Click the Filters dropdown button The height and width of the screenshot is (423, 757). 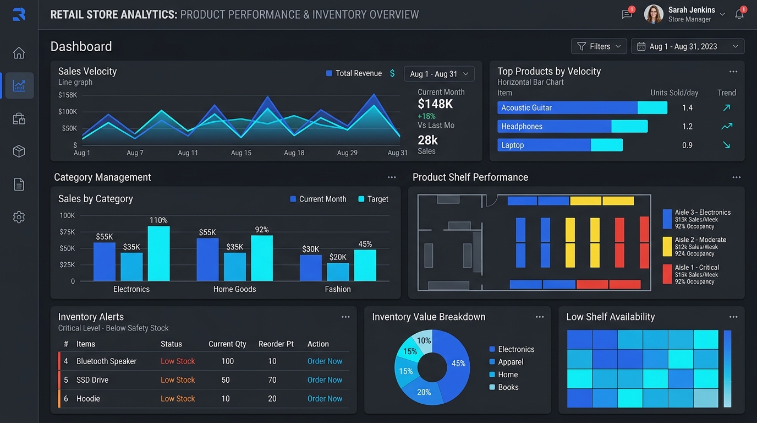[599, 46]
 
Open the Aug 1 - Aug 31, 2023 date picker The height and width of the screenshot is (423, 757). [687, 46]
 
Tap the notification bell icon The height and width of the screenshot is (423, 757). [739, 14]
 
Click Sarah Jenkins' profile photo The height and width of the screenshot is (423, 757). [653, 14]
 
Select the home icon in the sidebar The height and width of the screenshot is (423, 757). [19, 53]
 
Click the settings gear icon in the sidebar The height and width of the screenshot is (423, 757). [19, 217]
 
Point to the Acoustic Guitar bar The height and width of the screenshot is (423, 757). [582, 107]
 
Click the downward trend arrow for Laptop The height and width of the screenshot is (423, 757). [726, 145]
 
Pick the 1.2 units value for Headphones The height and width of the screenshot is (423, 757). [687, 127]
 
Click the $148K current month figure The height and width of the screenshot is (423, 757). [435, 104]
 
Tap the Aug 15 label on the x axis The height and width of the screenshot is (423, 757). [241, 153]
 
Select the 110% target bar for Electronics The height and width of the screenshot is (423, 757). [159, 253]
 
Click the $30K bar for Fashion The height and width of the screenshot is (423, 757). [311, 268]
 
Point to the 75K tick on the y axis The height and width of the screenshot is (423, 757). [67, 232]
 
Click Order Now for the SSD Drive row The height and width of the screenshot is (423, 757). [325, 379]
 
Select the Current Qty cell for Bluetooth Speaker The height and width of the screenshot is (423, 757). [227, 361]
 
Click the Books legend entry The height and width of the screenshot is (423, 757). [504, 387]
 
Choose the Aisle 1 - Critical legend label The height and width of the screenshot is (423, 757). [697, 267]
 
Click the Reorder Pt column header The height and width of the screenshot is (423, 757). [276, 344]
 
